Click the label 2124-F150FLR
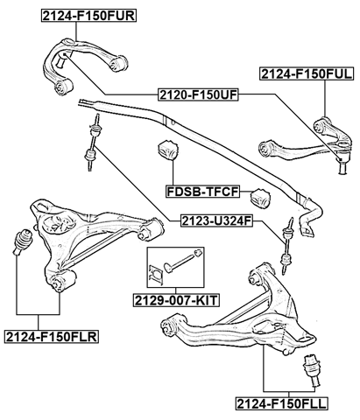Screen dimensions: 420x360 pyautogui.click(x=51, y=336)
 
